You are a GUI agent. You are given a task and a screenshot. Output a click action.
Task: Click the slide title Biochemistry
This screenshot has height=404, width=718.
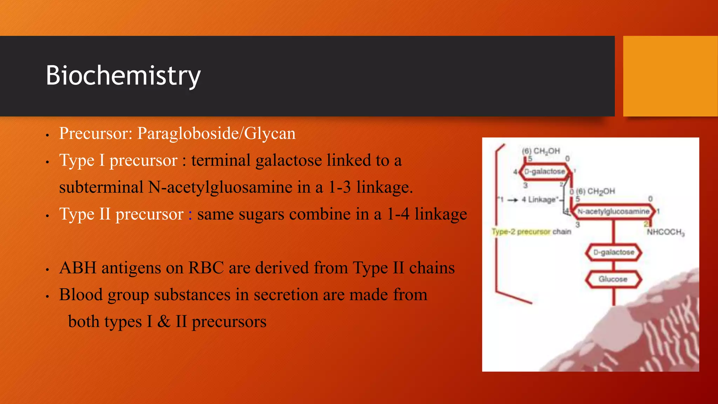coord(123,76)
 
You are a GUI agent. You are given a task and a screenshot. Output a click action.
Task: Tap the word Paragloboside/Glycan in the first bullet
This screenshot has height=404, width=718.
coord(216,134)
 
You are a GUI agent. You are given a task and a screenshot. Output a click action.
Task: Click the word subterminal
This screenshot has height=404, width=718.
coord(101,187)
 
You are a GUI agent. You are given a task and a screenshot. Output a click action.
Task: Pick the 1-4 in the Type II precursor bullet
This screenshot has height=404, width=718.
coord(398,214)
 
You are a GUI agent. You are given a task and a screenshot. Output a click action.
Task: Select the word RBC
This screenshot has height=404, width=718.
coord(206,268)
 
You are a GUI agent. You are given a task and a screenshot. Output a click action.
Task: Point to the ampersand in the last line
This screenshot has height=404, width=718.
coord(164,322)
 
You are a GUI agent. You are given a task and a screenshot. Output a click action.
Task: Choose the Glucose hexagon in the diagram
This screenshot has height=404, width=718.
coord(613,279)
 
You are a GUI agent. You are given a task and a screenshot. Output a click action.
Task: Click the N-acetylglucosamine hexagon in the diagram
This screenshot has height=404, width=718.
coord(614,211)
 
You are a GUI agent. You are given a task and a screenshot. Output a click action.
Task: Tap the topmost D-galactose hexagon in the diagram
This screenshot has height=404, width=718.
coord(545,171)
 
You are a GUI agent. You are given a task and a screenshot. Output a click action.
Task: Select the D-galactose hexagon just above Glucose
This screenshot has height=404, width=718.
coord(614,252)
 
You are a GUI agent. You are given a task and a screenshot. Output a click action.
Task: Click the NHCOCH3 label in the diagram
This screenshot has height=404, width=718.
coord(665,232)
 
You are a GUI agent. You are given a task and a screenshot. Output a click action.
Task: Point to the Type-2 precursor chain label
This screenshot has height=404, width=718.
coord(531,232)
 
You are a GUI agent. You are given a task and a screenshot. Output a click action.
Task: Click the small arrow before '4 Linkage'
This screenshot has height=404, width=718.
coord(513,200)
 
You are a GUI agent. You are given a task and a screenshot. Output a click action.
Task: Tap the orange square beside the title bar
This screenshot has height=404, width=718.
coord(670,76)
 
